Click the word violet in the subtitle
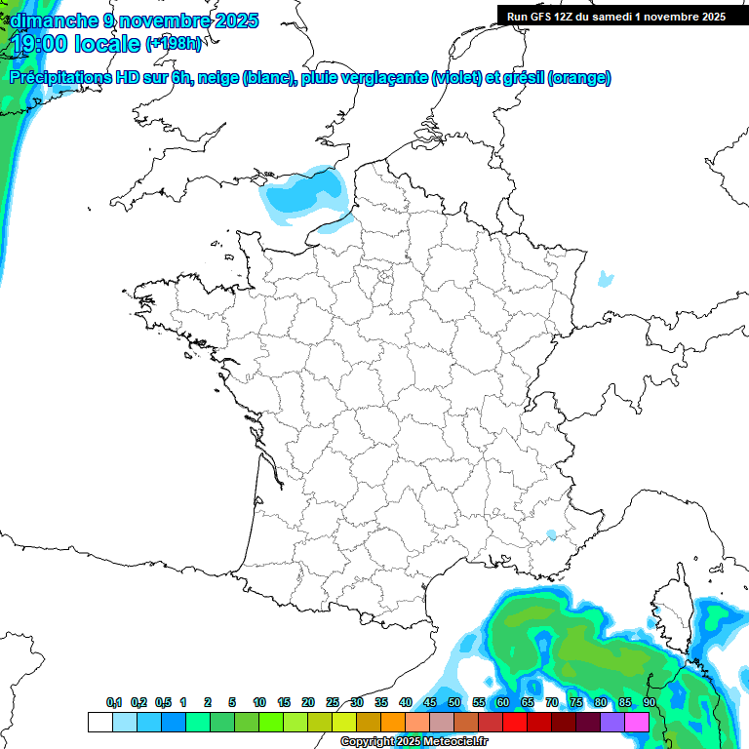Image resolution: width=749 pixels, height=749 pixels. [x=456, y=78]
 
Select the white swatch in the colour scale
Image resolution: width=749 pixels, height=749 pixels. [x=99, y=723]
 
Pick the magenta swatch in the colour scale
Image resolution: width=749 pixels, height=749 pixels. [x=637, y=723]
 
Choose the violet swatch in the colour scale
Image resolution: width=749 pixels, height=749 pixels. [x=612, y=723]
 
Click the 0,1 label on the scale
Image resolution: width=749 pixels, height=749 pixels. [x=114, y=702]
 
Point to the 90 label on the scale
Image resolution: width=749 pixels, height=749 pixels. [x=649, y=702]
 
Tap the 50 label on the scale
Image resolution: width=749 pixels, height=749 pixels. [x=453, y=702]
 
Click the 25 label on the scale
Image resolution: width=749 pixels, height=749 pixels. [x=333, y=702]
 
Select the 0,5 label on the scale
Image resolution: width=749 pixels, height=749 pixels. [x=163, y=702]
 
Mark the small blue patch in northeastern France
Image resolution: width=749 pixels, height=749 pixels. [x=606, y=279]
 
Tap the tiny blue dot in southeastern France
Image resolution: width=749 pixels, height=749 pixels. [x=551, y=534]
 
